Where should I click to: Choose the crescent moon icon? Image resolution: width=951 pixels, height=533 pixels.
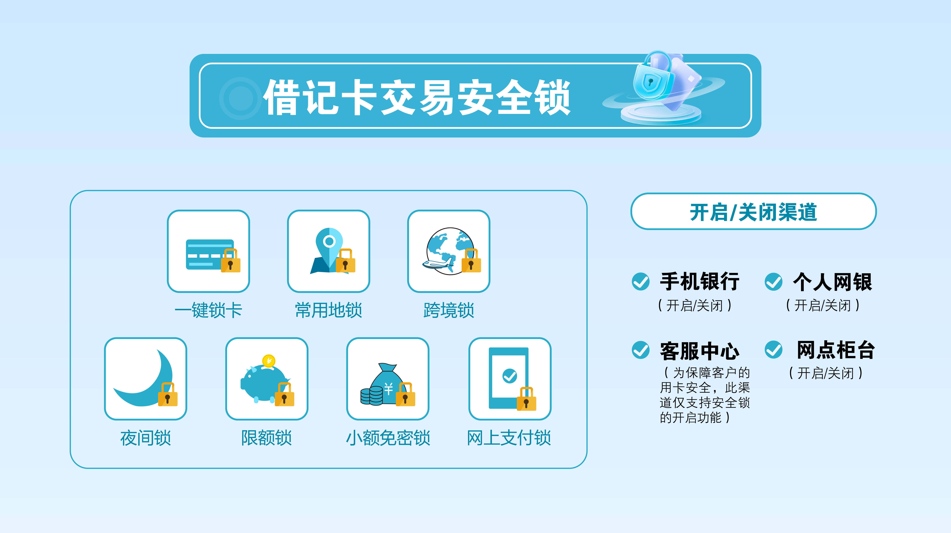(x=143, y=381)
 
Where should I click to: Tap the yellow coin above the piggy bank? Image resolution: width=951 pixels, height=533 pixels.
(x=269, y=360)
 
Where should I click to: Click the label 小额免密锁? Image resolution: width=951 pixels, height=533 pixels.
(x=388, y=438)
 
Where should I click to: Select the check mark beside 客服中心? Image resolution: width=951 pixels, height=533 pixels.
(x=641, y=350)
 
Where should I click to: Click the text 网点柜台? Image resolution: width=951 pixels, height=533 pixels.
(x=836, y=350)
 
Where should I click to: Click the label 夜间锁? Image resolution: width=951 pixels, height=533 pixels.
(x=145, y=438)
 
